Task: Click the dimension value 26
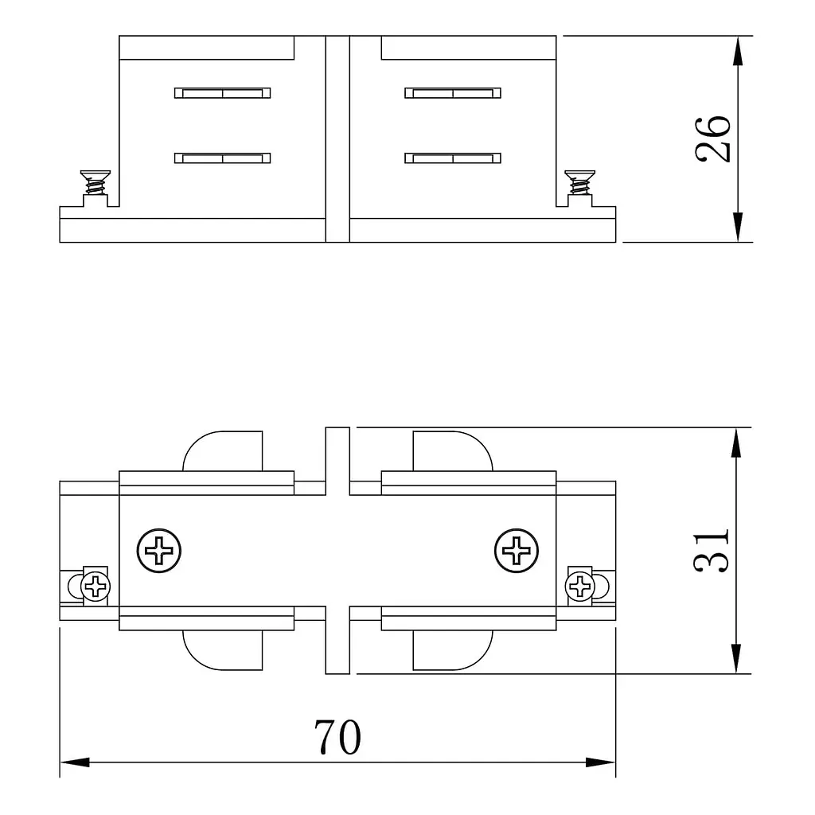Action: pyautogui.click(x=712, y=138)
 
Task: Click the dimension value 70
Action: pyautogui.click(x=337, y=737)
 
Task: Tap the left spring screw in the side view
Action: pyautogui.click(x=96, y=182)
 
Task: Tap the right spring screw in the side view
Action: pyautogui.click(x=579, y=182)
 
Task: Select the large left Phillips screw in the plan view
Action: pyautogui.click(x=159, y=551)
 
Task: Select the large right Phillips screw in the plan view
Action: pyautogui.click(x=517, y=551)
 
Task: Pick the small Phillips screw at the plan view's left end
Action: pyautogui.click(x=96, y=587)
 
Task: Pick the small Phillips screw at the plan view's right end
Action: pyautogui.click(x=580, y=587)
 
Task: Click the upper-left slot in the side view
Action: pyautogui.click(x=223, y=93)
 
